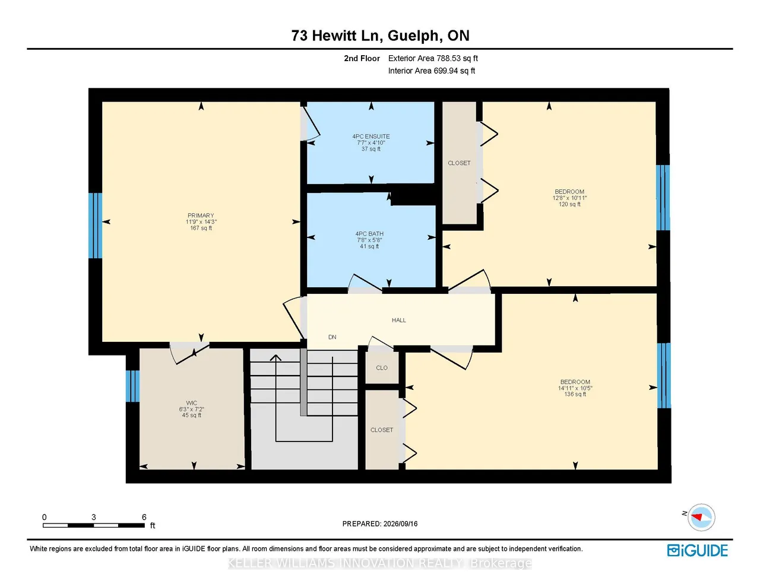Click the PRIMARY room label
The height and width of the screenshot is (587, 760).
[x=201, y=215]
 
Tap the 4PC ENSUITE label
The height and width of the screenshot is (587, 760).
[x=370, y=137]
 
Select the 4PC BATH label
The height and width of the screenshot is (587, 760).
[x=369, y=233]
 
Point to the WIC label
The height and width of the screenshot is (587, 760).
[x=191, y=403]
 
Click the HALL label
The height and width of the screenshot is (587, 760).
[x=399, y=320]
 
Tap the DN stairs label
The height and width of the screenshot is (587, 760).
[x=332, y=337]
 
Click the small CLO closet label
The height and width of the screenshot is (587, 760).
[x=382, y=368]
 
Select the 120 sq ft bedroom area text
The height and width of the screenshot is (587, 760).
[x=569, y=204]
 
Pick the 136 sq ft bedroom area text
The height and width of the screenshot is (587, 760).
[x=575, y=394]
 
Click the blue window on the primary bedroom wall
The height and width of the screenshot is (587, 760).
[x=95, y=226]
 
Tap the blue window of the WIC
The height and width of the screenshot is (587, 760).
[x=132, y=386]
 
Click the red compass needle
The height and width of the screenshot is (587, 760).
[x=697, y=517]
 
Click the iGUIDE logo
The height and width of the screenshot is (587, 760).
[x=698, y=550]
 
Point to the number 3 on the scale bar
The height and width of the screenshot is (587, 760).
[x=93, y=517]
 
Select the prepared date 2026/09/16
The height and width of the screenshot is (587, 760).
[x=400, y=523]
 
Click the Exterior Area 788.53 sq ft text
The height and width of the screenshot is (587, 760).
[x=433, y=58]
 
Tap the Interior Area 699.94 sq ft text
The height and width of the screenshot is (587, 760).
[x=432, y=71]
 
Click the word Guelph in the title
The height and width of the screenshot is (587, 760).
[x=413, y=36]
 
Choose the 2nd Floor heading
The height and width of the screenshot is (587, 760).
[x=362, y=58]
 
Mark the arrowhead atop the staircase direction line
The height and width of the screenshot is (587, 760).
[x=275, y=358]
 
